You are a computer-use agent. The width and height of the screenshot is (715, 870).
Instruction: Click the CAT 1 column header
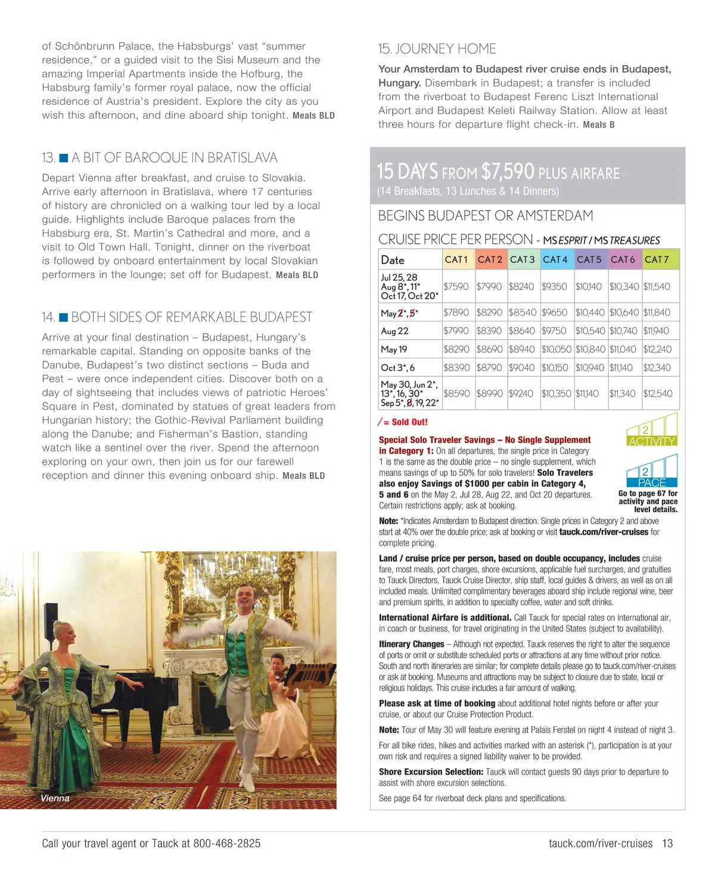click(x=456, y=259)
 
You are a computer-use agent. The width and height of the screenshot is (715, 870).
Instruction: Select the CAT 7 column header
click(x=657, y=259)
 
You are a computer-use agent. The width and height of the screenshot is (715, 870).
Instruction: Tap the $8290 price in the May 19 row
click(x=456, y=349)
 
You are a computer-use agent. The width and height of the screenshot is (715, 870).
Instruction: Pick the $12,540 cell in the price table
click(x=658, y=394)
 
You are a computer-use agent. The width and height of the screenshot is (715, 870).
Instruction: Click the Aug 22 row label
click(x=394, y=331)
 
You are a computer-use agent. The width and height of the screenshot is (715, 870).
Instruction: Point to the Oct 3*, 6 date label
click(x=397, y=368)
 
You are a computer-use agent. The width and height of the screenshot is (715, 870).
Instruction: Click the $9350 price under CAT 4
click(x=554, y=287)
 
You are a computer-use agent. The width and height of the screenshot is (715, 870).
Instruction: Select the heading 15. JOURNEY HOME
click(x=437, y=49)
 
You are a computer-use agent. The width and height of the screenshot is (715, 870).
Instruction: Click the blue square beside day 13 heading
click(x=64, y=158)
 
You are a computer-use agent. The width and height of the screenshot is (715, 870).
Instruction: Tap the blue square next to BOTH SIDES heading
click(x=64, y=317)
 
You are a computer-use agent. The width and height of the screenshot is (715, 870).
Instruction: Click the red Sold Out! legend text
click(x=409, y=422)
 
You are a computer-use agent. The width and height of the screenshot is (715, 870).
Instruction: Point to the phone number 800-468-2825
click(x=227, y=843)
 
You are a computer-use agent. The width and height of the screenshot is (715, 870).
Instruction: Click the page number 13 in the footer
click(x=667, y=843)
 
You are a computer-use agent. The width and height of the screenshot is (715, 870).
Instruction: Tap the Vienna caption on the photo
click(x=55, y=798)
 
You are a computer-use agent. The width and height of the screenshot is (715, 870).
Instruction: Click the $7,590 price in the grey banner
click(x=508, y=172)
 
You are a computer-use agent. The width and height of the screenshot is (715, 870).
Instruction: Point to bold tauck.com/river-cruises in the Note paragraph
click(x=604, y=532)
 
